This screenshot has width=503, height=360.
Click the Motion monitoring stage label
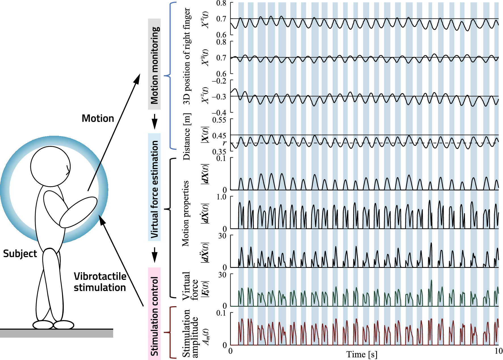154,64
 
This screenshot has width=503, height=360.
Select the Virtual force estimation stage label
154,187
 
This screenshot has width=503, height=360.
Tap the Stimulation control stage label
154,314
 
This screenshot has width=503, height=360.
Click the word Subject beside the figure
20,253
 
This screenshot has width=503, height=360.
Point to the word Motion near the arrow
98,118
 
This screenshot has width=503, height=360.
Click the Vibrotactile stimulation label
100,282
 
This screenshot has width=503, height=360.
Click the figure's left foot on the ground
43,325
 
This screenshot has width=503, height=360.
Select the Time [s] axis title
362,354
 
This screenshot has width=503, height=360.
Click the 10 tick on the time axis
498,351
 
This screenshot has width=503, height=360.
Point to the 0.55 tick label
219,120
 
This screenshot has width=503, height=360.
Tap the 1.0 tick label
222,197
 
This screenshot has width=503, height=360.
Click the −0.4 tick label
219,113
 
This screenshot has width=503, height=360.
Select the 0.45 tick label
219,136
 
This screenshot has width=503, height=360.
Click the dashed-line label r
224,143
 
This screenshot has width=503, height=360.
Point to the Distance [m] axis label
187,137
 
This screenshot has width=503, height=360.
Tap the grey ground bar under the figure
56,334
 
